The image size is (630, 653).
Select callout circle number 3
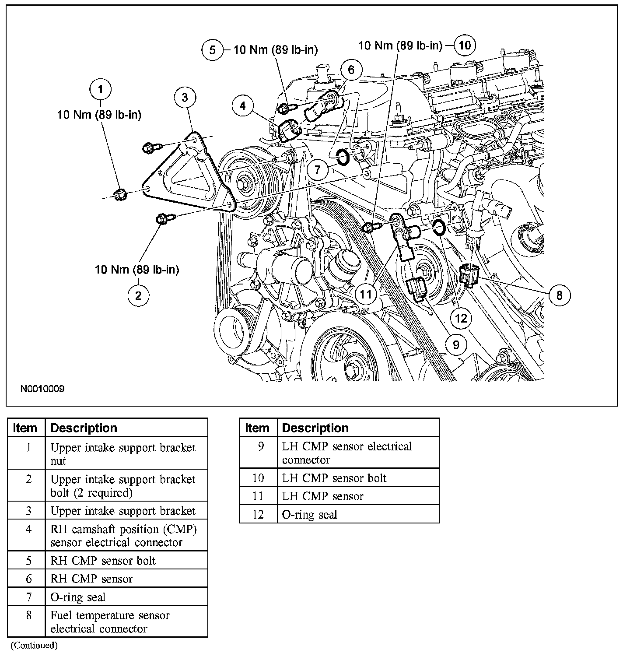point(185,97)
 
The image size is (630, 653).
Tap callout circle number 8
point(559,295)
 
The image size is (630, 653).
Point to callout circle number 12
point(461,318)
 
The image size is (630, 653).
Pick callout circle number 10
point(465,45)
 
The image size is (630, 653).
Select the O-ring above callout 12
point(439,227)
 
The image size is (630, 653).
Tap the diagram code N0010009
point(42,389)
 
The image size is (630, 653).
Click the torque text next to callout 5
point(276,49)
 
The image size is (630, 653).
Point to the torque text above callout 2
point(137,270)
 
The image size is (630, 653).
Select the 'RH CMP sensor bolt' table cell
point(103,561)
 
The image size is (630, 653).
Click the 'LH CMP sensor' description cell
point(323,496)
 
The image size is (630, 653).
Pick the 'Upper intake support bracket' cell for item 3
point(123,511)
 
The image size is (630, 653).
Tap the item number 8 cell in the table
point(28,615)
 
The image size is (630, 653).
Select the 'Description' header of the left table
point(84,428)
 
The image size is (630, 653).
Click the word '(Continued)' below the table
point(34,645)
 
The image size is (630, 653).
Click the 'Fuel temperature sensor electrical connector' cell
point(110,622)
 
